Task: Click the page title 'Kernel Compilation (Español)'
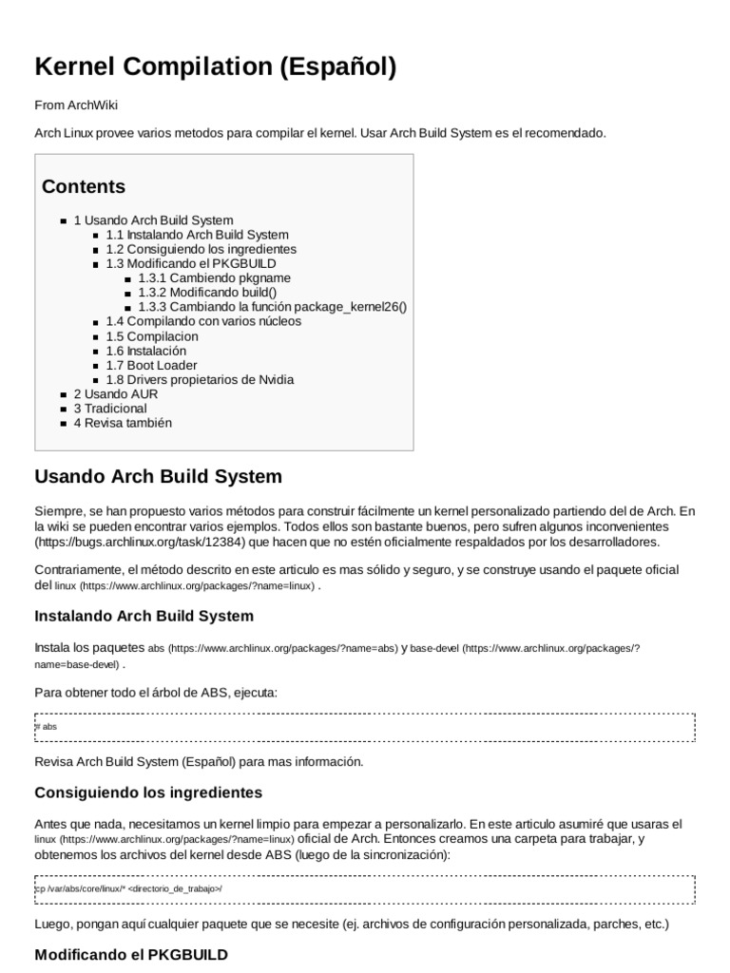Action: [215, 67]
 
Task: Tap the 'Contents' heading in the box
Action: [84, 186]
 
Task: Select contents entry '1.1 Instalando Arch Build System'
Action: [197, 235]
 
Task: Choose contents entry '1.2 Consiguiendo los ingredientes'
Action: [202, 249]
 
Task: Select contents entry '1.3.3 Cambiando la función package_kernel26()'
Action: [272, 307]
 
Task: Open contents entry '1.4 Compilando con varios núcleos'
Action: [203, 321]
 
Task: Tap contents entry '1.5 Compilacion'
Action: [152, 336]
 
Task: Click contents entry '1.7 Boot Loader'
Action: [152, 365]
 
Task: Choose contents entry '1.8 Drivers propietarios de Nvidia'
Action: [200, 379]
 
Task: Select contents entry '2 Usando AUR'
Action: [116, 393]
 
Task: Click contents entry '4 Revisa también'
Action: [123, 423]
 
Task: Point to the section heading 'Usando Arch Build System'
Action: [158, 476]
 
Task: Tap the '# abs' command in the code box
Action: [46, 726]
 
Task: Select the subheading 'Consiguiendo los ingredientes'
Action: [148, 792]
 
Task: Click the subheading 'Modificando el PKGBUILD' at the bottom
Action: [131, 954]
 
